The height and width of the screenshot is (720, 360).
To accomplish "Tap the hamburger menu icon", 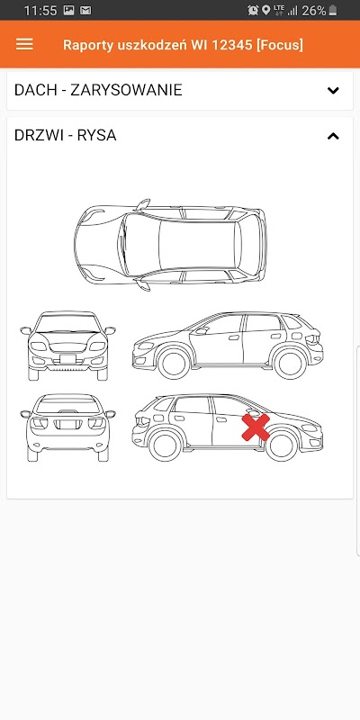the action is coord(24,44).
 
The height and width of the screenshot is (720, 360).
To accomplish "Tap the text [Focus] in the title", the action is coord(280,45).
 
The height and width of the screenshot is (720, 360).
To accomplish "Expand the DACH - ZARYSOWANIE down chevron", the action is coord(333,91).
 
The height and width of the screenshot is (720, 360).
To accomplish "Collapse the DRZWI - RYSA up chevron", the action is coord(333,136).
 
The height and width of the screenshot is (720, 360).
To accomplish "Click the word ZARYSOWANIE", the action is coord(126,90).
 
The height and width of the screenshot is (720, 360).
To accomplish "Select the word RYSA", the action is coord(96,136).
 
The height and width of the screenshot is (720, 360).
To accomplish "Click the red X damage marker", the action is coord(256,427).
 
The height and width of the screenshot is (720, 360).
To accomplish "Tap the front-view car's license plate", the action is coord(68,359).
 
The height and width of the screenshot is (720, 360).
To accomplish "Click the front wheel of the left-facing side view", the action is coord(174,363).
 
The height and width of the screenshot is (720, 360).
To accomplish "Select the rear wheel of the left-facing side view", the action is coord(289,363).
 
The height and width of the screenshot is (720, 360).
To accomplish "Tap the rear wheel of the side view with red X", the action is coord(166,445).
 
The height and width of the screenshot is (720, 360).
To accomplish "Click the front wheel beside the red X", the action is coord(282,445).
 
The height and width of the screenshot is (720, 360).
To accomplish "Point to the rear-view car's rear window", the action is coord(68,404).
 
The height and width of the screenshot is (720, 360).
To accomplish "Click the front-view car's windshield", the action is coord(68,323).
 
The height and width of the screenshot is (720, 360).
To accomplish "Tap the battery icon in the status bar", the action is coord(333,10).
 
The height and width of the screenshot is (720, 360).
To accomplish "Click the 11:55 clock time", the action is coord(40,11).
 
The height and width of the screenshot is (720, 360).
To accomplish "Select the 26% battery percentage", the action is coord(313,11).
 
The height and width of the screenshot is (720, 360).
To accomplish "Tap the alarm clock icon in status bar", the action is coord(253,10).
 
